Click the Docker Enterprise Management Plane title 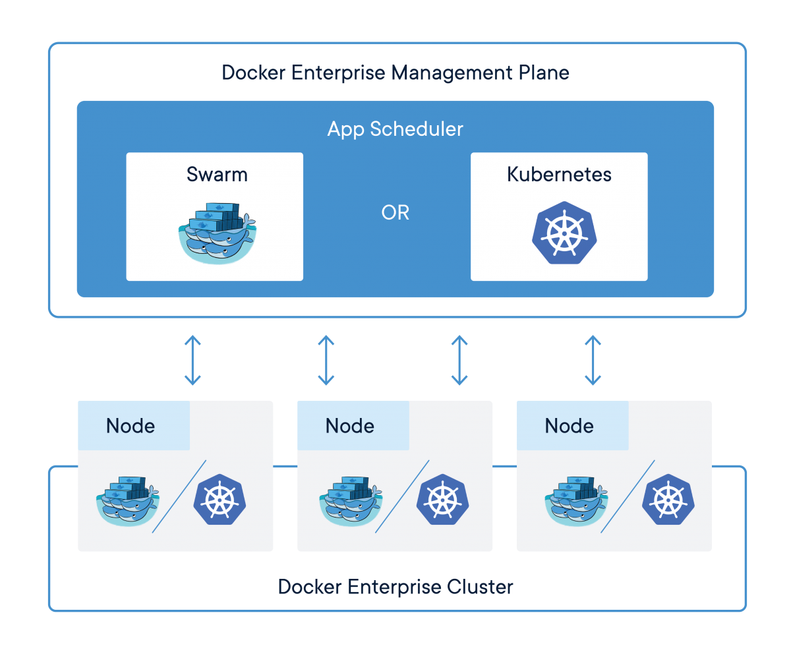395,72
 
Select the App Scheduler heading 395,129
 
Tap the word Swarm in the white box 217,175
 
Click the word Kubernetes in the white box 559,175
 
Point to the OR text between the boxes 395,213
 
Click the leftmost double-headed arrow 192,360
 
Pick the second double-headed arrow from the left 326,360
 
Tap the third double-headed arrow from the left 459,360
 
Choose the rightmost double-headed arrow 593,360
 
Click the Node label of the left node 131,426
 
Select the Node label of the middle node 350,426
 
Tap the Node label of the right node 570,426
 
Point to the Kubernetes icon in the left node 219,499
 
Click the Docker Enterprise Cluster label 395,586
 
